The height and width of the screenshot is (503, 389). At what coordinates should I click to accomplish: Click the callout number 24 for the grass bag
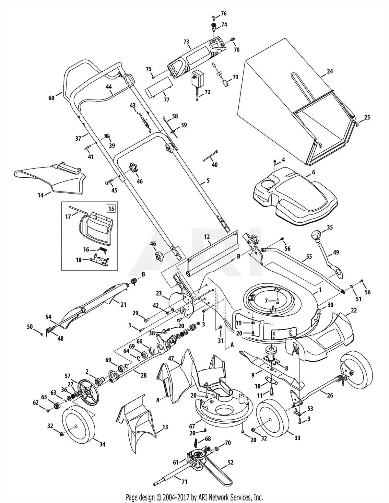coord(330,71)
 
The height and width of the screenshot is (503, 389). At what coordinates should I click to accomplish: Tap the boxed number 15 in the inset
coord(111,208)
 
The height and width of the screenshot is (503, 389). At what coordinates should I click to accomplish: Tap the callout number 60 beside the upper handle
coord(52,98)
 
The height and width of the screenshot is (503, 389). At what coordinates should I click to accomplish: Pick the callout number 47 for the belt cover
coord(171,358)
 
